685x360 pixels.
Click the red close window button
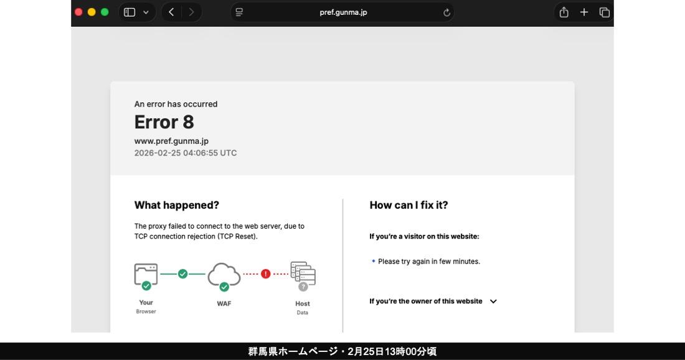(x=78, y=12)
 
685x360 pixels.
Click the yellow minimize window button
(x=92, y=12)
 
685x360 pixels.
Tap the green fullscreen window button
(x=105, y=12)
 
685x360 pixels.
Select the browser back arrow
(x=171, y=12)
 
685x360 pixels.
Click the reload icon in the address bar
(x=446, y=12)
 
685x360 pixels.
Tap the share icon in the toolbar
(x=564, y=12)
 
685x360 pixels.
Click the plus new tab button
(x=584, y=12)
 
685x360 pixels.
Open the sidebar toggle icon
(x=130, y=12)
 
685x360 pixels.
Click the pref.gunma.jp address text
(x=343, y=12)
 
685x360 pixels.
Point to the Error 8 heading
(x=164, y=122)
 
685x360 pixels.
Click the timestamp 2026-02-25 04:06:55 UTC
(x=185, y=153)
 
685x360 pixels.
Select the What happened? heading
(x=176, y=205)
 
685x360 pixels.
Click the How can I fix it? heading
(x=409, y=205)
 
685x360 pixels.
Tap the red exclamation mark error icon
(x=266, y=274)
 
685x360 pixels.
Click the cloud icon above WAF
(x=224, y=275)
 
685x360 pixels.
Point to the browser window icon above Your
(x=146, y=275)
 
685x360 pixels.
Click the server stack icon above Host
(x=303, y=273)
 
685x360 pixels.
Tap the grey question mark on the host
(x=303, y=287)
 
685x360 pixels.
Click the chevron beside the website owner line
(x=493, y=301)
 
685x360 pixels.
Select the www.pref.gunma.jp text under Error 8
(x=171, y=141)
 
